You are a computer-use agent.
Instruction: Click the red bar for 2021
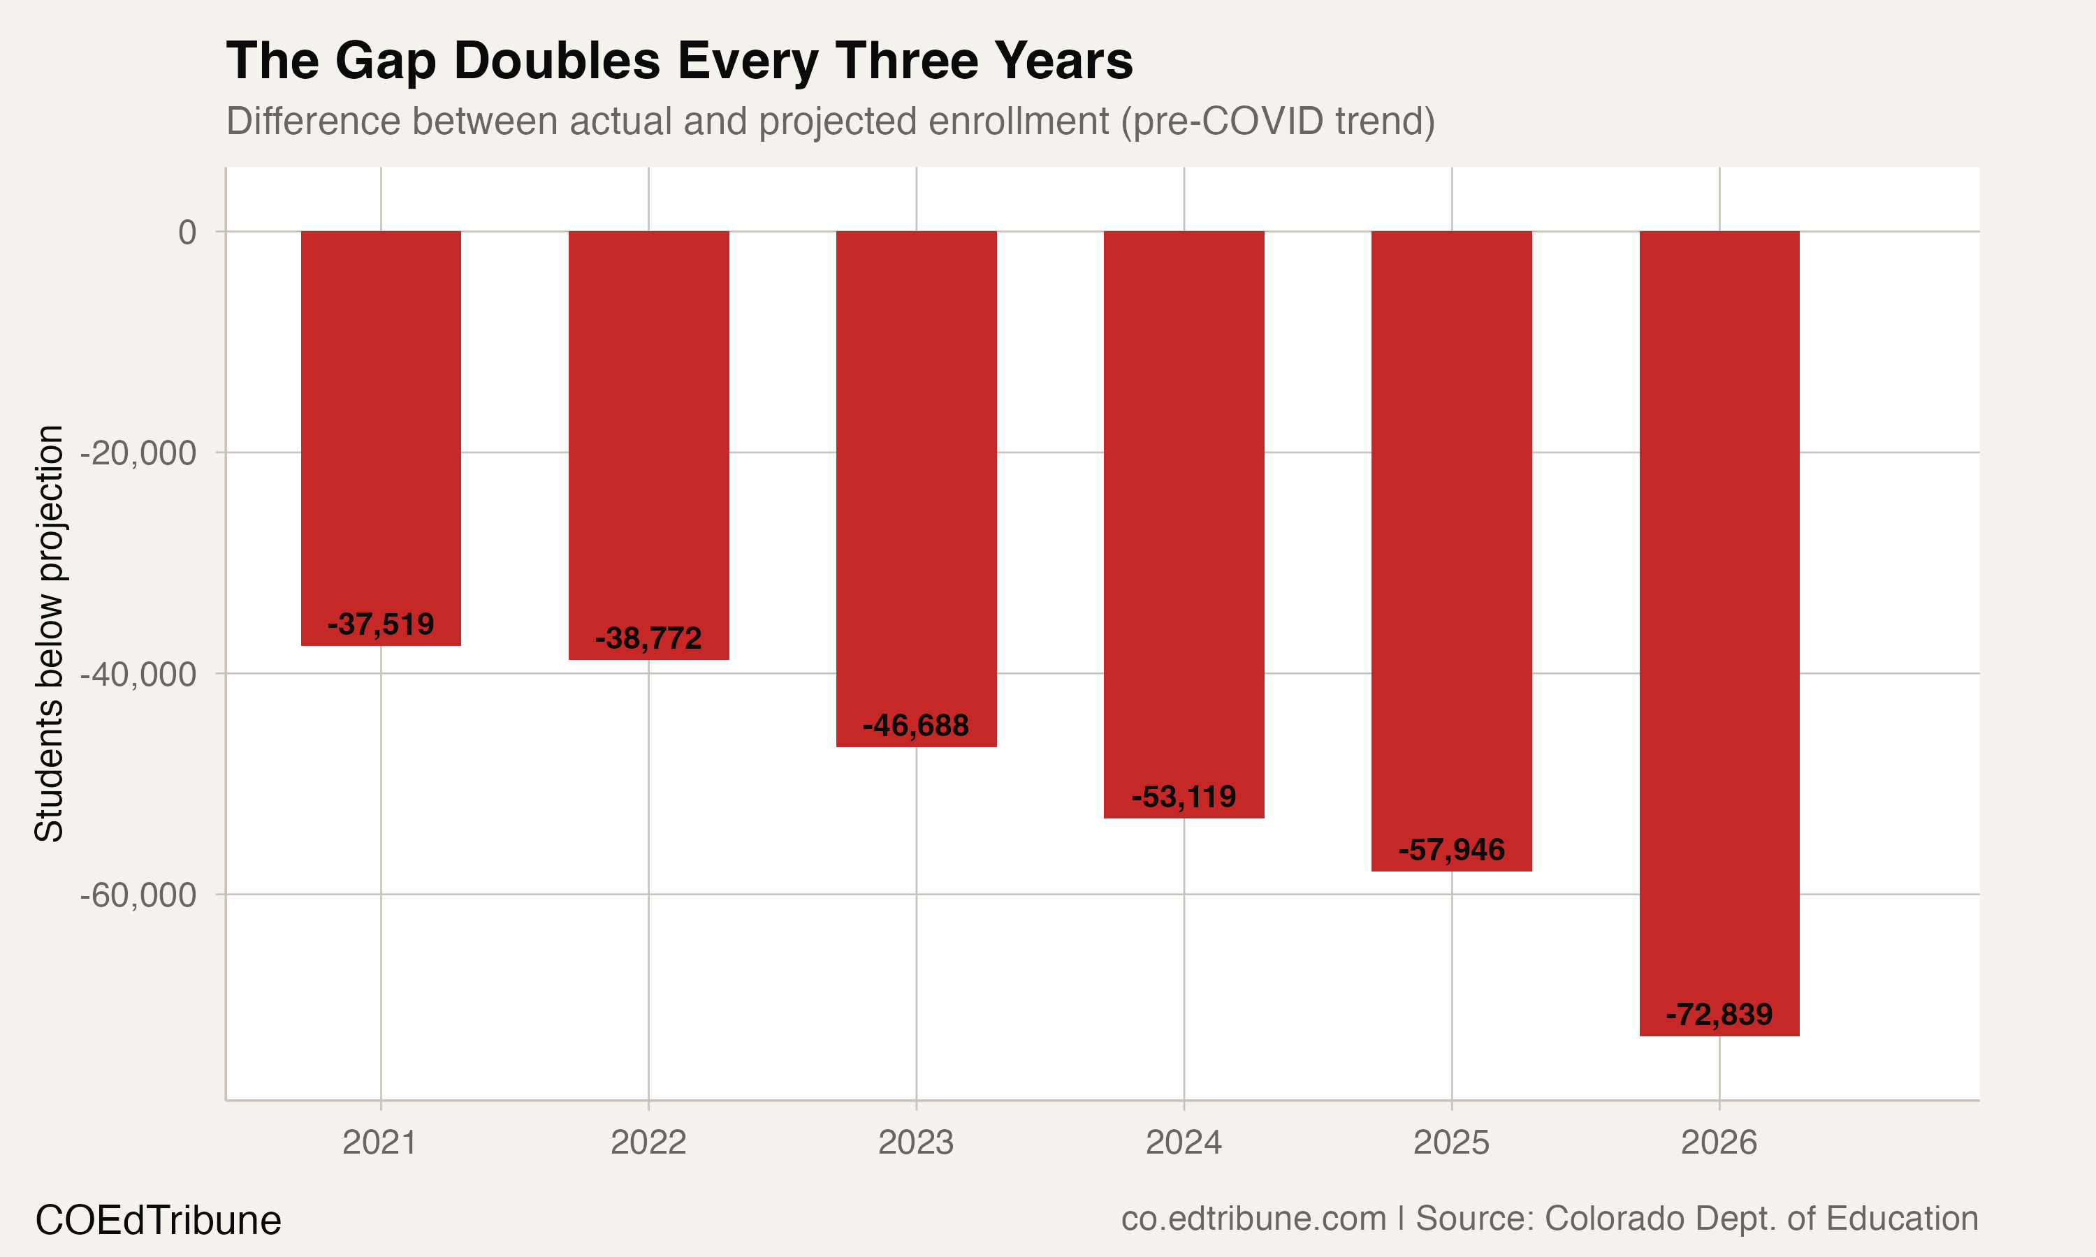[x=380, y=423]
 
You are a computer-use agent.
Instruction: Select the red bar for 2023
[x=916, y=474]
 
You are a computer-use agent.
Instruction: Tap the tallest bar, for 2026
[x=1719, y=593]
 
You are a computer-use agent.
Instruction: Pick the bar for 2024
[x=1184, y=508]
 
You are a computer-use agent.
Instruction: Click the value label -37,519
[x=380, y=624]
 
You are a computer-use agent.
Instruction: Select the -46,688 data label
[x=916, y=726]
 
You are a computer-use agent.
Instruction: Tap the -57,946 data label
[x=1451, y=851]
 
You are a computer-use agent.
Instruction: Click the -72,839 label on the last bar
[x=1719, y=1015]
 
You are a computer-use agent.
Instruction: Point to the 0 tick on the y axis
[x=187, y=232]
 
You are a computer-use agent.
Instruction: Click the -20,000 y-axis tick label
[x=138, y=453]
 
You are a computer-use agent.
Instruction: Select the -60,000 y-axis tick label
[x=138, y=895]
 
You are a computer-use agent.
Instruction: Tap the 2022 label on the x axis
[x=648, y=1143]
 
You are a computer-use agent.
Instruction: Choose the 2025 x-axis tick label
[x=1451, y=1143]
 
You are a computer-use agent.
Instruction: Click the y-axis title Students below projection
[x=49, y=633]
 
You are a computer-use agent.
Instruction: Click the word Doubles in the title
[x=557, y=61]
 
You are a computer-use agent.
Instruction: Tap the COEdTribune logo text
[x=159, y=1221]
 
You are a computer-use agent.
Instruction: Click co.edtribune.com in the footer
[x=1254, y=1219]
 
